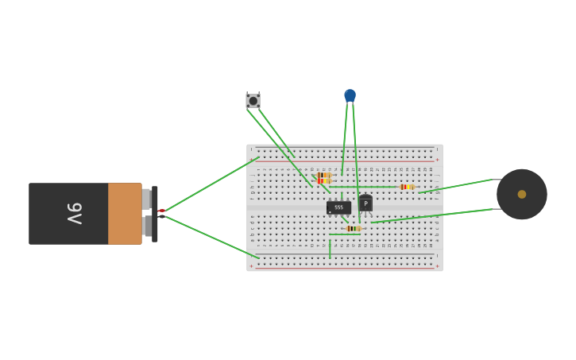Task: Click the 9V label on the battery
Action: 74,214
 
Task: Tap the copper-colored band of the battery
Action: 125,214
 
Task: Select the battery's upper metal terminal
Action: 147,199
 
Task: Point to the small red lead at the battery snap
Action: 161,211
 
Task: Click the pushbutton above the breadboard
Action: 253,101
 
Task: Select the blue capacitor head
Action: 350,95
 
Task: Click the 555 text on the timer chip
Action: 339,207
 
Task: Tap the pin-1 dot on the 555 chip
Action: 330,212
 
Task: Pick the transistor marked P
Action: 365,203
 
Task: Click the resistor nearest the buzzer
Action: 407,187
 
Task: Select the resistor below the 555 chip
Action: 353,228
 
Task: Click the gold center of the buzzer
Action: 521,194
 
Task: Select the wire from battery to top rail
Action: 211,184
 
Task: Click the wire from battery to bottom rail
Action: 211,236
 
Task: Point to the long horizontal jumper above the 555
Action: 365,187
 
